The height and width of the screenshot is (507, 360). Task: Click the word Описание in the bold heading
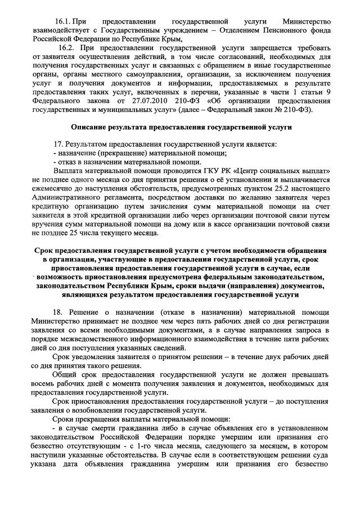tap(93, 128)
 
